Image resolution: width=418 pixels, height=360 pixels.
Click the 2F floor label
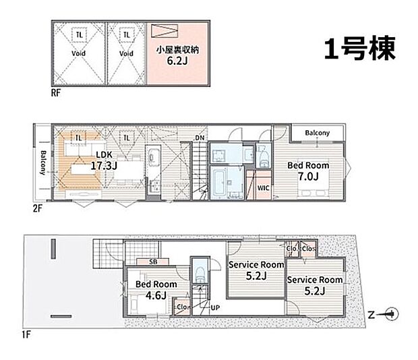tap(37, 208)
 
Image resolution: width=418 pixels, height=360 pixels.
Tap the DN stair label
tap(200, 138)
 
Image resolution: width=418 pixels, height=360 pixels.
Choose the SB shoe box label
tap(143, 262)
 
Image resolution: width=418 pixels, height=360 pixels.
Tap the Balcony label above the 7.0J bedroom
tap(317, 133)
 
